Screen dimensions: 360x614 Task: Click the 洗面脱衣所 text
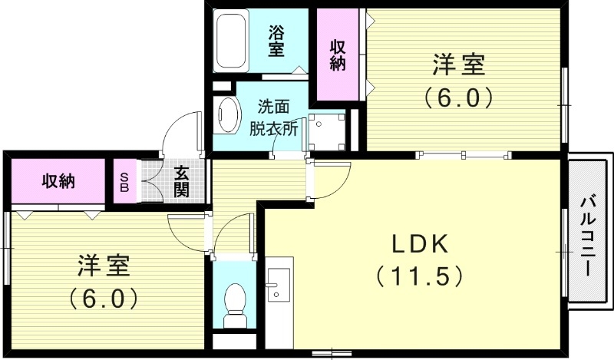pyautogui.click(x=274, y=117)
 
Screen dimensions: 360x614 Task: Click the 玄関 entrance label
pyautogui.click(x=181, y=181)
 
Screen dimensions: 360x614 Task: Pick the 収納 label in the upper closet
pyautogui.click(x=338, y=54)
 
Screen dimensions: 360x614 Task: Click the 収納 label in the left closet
pyautogui.click(x=58, y=181)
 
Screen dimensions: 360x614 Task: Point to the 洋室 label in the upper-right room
pyautogui.click(x=458, y=65)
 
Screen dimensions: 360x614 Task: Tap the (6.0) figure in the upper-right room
pyautogui.click(x=458, y=97)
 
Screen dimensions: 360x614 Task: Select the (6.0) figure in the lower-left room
pyautogui.click(x=104, y=297)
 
